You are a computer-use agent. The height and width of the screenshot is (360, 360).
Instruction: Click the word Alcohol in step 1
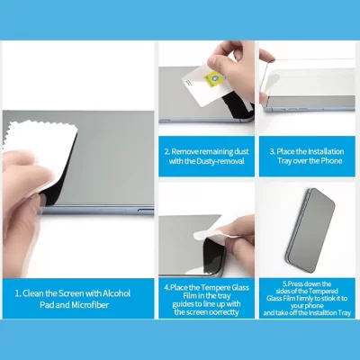tap(117, 293)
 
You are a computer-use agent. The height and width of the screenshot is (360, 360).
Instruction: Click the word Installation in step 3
tap(326, 151)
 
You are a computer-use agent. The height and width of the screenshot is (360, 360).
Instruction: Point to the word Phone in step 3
tap(331, 161)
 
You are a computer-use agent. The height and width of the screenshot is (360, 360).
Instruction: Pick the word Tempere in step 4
tap(216, 288)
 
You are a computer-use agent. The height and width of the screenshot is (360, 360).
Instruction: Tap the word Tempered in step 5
tap(323, 291)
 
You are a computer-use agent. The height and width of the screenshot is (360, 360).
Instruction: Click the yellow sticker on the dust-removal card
tap(211, 79)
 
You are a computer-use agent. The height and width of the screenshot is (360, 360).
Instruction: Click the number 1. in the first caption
tap(18, 293)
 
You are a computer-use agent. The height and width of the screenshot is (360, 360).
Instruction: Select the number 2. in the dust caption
tap(167, 151)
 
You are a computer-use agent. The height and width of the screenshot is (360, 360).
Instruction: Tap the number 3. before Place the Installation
tap(273, 151)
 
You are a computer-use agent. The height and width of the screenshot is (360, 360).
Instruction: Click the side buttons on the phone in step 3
tap(293, 108)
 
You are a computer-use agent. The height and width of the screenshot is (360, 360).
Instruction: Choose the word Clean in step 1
tap(33, 293)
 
